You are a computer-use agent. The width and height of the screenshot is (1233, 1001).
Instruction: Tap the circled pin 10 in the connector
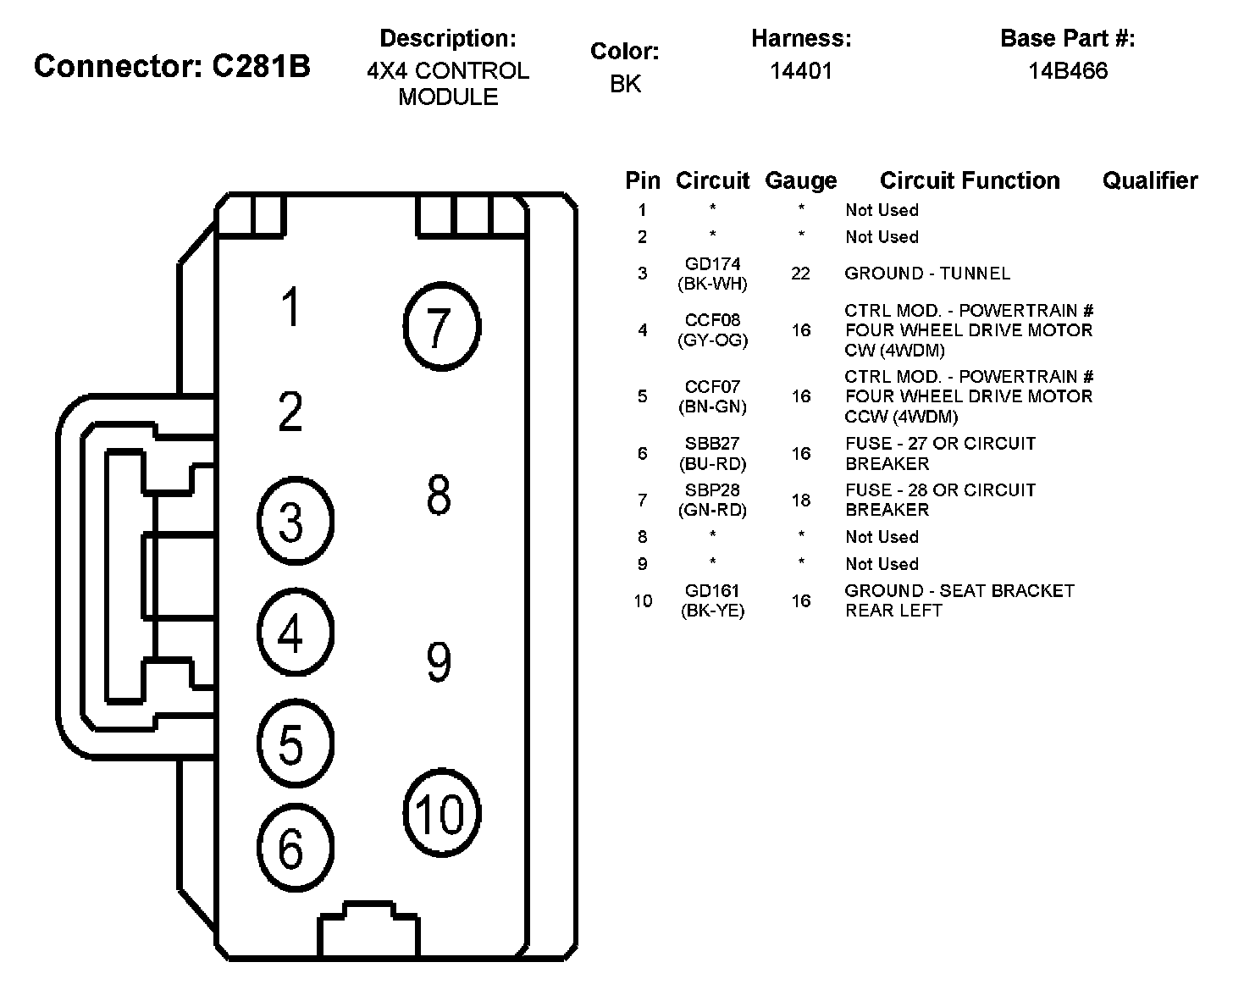440,814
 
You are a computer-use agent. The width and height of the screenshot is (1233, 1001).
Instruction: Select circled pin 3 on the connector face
293,522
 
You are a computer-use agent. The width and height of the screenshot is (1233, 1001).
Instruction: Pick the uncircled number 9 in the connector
439,662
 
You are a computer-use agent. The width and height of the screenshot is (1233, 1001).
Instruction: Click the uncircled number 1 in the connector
291,307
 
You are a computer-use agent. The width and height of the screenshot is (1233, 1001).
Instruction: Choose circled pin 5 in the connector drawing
293,744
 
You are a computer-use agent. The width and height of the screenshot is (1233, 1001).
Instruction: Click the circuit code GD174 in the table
712,264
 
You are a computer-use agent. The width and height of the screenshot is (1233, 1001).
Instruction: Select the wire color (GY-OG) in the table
712,340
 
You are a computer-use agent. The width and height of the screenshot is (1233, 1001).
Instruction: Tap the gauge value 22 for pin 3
800,274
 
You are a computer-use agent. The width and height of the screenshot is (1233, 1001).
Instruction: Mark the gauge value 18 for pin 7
800,500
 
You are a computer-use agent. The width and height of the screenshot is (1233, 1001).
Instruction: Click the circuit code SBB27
712,444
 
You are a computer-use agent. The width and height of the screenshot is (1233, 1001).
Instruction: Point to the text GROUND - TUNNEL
927,274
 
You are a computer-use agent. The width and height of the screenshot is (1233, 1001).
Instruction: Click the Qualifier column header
1150,180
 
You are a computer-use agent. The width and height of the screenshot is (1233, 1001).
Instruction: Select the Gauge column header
800,180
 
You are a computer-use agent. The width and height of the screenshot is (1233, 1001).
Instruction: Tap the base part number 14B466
1068,71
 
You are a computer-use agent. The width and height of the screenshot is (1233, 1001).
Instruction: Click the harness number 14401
801,71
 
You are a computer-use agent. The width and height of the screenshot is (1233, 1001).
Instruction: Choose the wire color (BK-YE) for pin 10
712,611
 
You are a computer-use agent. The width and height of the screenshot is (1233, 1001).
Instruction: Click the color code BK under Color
625,84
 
